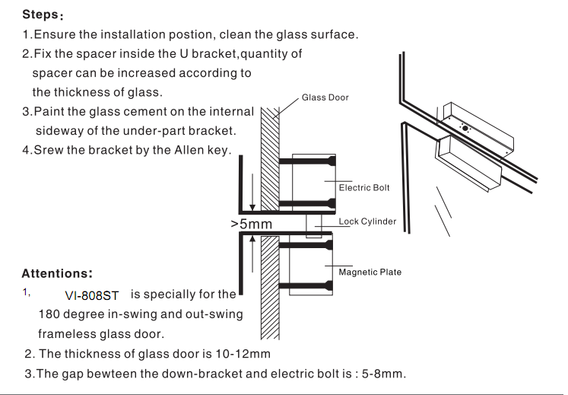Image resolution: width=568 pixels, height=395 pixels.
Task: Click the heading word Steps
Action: (x=40, y=15)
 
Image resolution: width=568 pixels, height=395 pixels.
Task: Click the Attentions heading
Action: (x=57, y=273)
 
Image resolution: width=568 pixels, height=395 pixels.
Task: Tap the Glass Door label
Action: (x=325, y=97)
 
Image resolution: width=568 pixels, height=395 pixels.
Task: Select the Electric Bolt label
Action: (x=363, y=188)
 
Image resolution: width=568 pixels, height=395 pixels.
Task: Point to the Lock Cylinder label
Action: (x=367, y=221)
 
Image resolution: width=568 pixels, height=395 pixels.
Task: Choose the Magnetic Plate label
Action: (x=370, y=272)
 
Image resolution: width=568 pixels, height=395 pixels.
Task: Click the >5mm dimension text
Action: (x=252, y=225)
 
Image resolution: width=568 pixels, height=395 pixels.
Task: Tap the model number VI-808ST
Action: (x=92, y=295)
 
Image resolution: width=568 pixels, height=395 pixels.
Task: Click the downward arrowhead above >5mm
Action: (x=252, y=208)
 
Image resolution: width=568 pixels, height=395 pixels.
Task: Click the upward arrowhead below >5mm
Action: (x=252, y=238)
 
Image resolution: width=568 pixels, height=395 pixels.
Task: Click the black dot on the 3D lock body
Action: (x=465, y=128)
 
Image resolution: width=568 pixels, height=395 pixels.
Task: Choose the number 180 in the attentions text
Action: (x=49, y=314)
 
